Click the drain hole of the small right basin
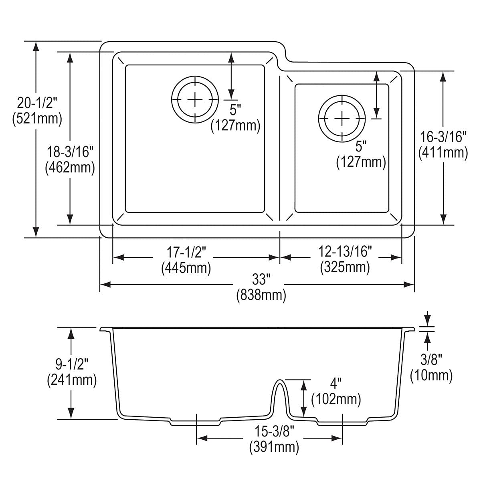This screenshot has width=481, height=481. (x=342, y=118)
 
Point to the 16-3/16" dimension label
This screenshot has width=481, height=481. (x=443, y=137)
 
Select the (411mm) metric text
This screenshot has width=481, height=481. (x=443, y=152)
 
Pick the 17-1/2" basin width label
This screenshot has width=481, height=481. (x=186, y=252)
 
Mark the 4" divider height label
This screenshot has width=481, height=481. (x=335, y=384)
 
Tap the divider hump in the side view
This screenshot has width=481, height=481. (x=279, y=391)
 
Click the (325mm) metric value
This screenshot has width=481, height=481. (x=345, y=267)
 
